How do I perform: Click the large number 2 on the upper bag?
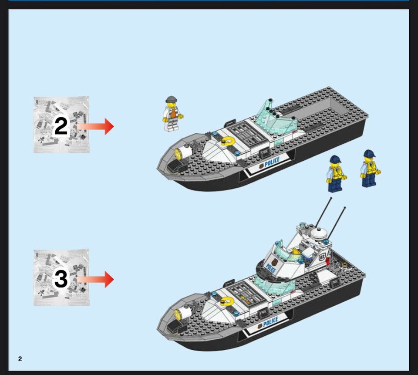click(x=61, y=126)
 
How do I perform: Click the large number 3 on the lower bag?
click(x=61, y=279)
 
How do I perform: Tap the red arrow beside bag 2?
click(x=95, y=126)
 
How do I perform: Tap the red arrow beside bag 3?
click(x=95, y=280)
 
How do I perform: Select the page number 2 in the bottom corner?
click(x=20, y=359)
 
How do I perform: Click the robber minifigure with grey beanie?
click(x=173, y=114)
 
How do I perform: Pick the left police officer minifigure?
click(x=336, y=174)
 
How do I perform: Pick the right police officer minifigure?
click(x=370, y=168)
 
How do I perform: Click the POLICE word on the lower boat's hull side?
click(x=270, y=322)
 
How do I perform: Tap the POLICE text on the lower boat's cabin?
click(x=271, y=268)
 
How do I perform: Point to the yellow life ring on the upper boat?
click(x=228, y=141)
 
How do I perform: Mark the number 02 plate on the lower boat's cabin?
click(x=322, y=257)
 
